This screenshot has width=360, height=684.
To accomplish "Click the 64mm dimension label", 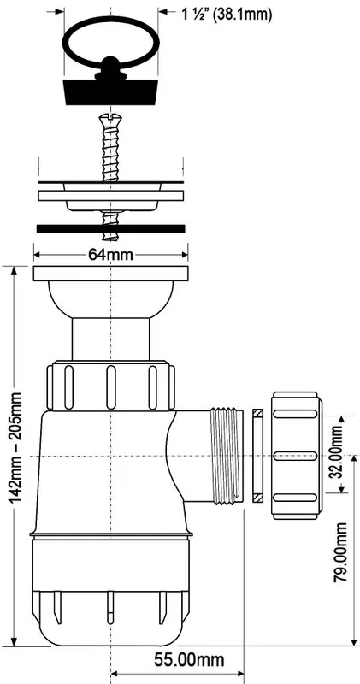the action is (111, 254).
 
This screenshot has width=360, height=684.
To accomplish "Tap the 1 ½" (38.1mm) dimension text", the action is (227, 15).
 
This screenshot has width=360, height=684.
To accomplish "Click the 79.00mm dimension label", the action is (341, 552).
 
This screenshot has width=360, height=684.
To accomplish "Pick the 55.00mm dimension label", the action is (189, 660).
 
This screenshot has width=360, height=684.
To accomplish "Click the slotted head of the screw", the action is (111, 117).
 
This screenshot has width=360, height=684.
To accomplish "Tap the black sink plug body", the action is (111, 91).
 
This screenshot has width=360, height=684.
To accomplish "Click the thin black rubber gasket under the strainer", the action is (111, 228).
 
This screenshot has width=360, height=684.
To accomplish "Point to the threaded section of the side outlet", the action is (227, 456).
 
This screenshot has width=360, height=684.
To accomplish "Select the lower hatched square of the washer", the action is (257, 498).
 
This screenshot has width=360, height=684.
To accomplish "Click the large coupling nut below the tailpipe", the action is (111, 386).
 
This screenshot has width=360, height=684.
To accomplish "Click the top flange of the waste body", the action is (111, 274).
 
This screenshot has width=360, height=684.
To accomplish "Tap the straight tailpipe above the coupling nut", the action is (111, 339).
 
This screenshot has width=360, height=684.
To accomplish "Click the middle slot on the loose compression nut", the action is (295, 456).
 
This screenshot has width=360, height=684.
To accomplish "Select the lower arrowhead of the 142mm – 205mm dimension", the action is (15, 642).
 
